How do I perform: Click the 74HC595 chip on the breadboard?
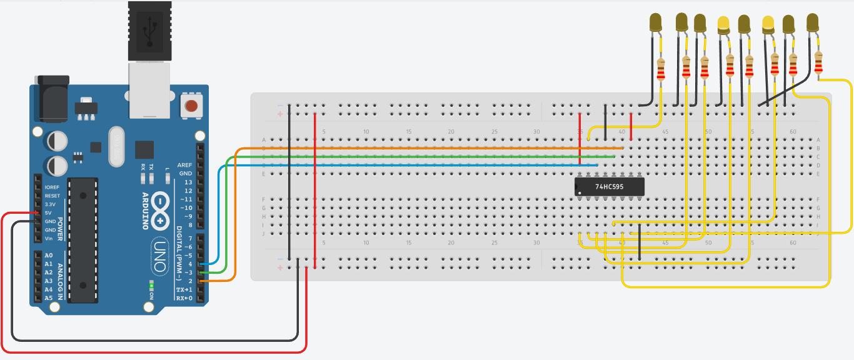click(610, 186)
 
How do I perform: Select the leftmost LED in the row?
click(656, 23)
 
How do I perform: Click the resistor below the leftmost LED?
click(661, 69)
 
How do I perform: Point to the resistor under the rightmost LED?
click(819, 62)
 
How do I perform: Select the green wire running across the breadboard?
click(406, 157)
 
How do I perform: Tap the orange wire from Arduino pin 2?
click(406, 149)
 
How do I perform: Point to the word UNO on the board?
click(159, 256)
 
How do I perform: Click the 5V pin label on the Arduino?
click(48, 213)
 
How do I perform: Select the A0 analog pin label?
click(49, 256)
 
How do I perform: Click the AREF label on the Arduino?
click(185, 165)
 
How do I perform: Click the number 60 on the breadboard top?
click(793, 132)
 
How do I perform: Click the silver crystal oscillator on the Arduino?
click(117, 147)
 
